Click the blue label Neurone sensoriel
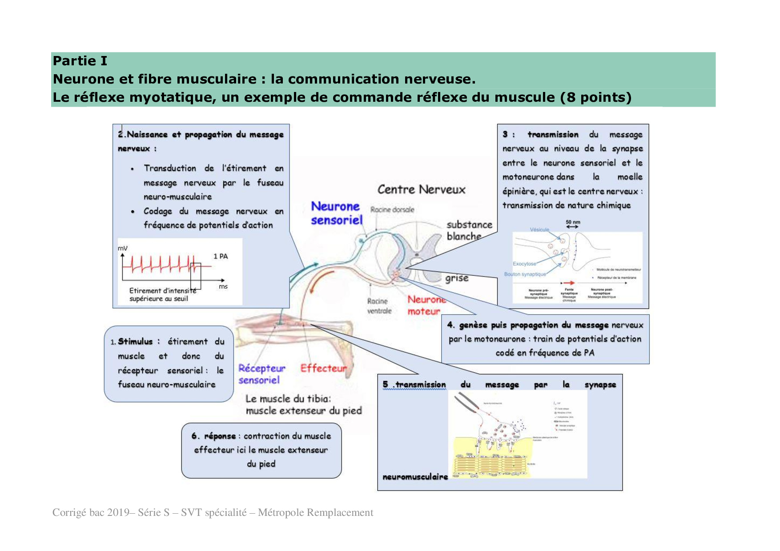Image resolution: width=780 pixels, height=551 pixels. pos(336,213)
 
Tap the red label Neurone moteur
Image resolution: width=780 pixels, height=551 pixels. pos(426,305)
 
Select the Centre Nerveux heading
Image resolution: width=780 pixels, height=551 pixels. pos(421,190)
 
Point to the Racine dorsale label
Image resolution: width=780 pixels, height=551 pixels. pos(392,209)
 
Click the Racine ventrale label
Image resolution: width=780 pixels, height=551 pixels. pos(379,306)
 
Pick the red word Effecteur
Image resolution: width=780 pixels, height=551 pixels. pos(323,368)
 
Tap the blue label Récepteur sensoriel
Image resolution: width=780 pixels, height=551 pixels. pos(261,374)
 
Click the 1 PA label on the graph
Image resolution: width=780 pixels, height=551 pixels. pos(221,256)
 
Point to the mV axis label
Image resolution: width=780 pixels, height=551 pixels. pos(122,248)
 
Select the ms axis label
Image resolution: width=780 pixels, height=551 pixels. pos(223,287)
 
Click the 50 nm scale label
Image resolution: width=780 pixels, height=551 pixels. pos(573,222)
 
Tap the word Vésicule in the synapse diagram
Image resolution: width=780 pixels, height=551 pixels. pos(539,230)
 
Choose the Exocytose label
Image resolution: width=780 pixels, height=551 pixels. pos(524,264)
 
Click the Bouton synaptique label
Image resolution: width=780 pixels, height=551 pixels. pos(525,274)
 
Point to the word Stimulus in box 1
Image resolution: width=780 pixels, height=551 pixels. pos(135,341)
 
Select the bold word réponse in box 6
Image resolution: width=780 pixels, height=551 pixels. pos(220,436)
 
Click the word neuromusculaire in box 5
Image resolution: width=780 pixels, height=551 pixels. pos(415,477)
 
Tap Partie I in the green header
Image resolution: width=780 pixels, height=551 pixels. pos(80,61)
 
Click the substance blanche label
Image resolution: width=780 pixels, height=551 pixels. pos(469,230)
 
